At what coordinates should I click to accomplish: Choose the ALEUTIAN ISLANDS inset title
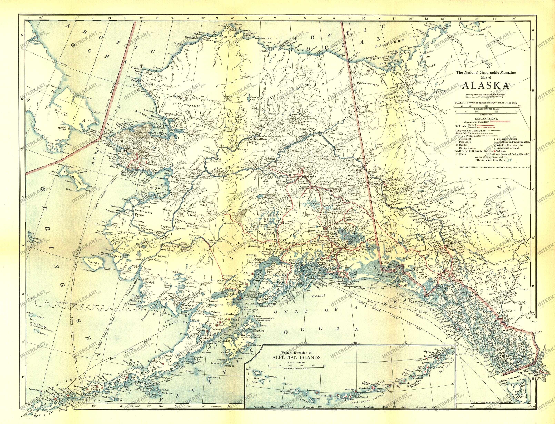pyautogui.click(x=296, y=357)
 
